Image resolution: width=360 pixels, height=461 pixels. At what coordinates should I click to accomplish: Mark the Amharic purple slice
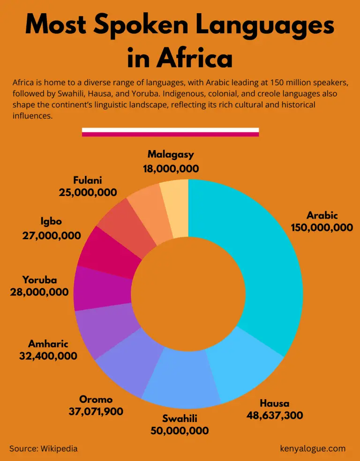point(105,331)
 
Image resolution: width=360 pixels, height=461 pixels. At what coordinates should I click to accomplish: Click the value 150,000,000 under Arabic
point(322,227)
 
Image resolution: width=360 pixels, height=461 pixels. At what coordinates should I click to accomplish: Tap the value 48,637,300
point(275,415)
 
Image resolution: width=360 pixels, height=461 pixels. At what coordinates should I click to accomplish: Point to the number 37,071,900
point(96,411)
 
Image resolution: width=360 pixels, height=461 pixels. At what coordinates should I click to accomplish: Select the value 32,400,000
point(48,356)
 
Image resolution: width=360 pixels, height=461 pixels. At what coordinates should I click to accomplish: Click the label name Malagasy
point(171,154)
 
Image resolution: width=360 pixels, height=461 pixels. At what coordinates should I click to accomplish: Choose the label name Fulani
point(88,180)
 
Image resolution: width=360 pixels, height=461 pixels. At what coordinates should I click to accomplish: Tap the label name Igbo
point(51,221)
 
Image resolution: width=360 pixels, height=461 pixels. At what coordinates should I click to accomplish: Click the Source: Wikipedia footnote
point(43,448)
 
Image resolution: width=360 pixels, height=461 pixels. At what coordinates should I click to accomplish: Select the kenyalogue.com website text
point(312,448)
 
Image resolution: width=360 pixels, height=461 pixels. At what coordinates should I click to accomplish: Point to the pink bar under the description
point(170,135)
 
